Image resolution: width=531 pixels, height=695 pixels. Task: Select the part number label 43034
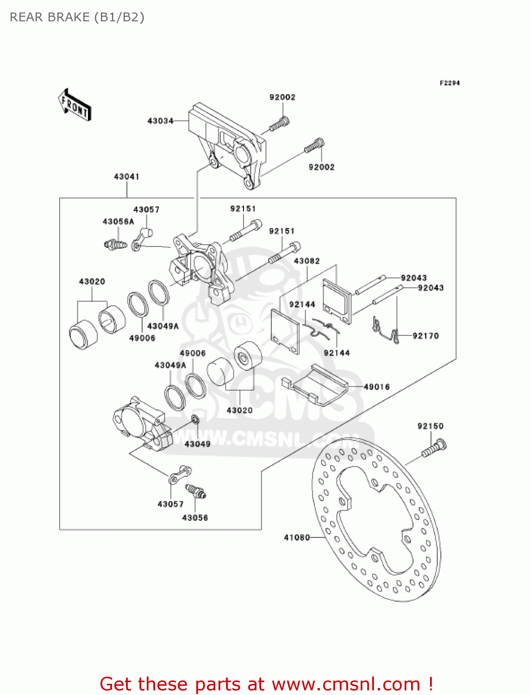coord(160,121)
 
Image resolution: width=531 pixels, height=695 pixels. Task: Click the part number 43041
coord(126,177)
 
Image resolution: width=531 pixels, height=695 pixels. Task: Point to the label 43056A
coord(118,222)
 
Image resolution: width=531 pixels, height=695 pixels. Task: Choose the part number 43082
coord(306,261)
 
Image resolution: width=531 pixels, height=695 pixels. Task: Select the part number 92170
coord(425,336)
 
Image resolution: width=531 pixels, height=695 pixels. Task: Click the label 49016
coord(376,387)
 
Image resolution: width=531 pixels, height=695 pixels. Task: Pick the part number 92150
coord(430,426)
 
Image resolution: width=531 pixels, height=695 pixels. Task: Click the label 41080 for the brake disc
coord(297,537)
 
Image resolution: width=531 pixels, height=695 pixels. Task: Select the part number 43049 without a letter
coord(197,444)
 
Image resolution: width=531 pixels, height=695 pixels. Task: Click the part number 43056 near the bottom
coord(195,518)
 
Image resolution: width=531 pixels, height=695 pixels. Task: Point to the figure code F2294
coord(449,83)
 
